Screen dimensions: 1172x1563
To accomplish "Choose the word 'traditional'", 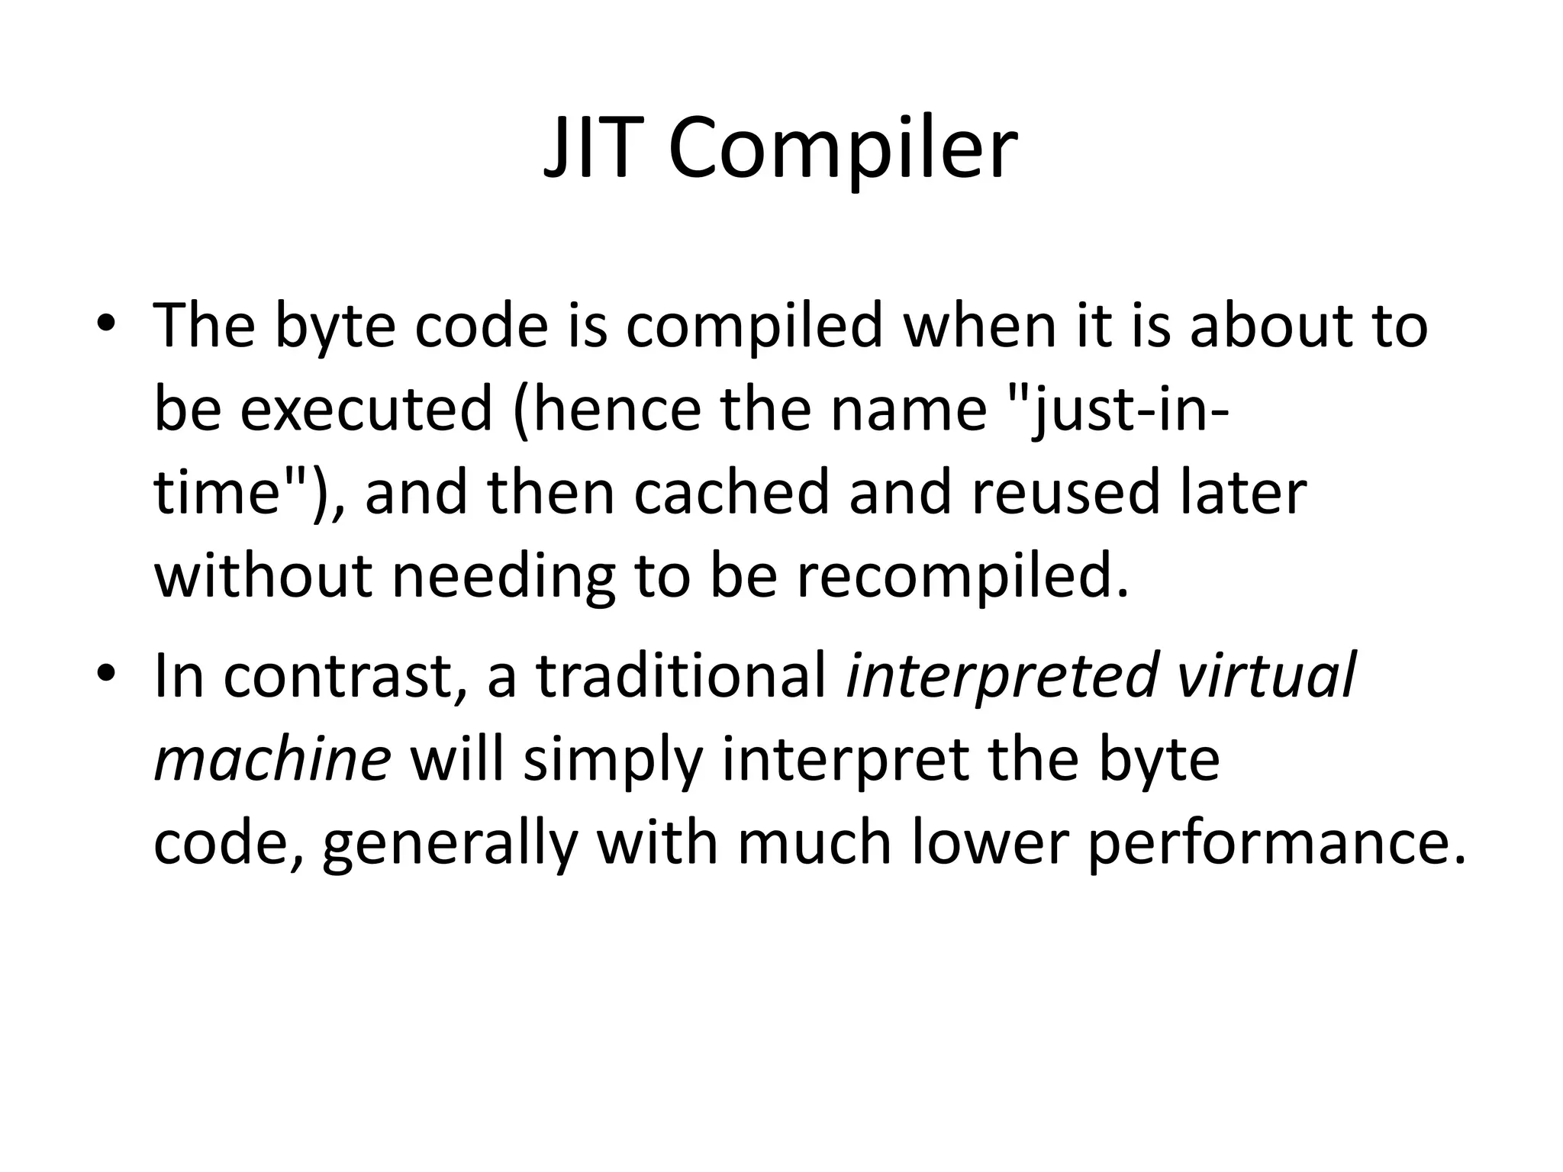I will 682,675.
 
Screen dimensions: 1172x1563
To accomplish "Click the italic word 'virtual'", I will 1266,675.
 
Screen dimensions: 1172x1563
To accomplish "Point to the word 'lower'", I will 988,843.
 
